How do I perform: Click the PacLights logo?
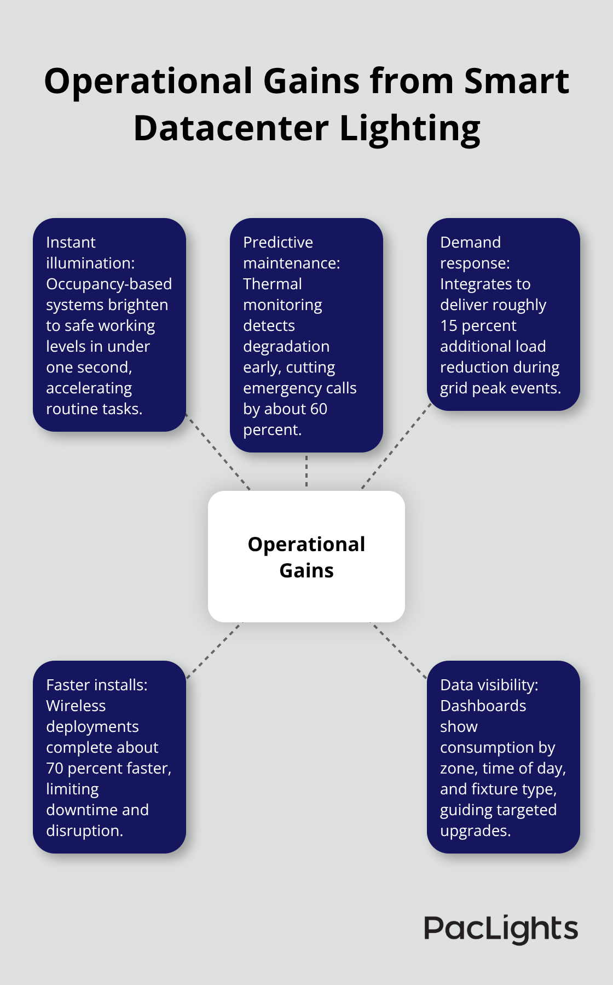[x=500, y=929]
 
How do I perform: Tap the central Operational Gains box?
[x=307, y=557]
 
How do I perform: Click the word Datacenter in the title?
[x=230, y=129]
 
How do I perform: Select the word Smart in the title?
[x=517, y=82]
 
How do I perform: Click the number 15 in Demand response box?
[x=448, y=326]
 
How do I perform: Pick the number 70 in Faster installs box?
[x=55, y=769]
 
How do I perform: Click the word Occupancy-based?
[x=109, y=284]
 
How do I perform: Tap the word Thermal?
[x=272, y=284]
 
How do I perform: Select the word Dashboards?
[x=483, y=706]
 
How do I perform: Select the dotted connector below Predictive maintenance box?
[x=307, y=471]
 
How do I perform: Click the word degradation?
[x=286, y=347]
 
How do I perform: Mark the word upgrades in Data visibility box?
[x=475, y=831]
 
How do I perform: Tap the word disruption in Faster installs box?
[x=84, y=831]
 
